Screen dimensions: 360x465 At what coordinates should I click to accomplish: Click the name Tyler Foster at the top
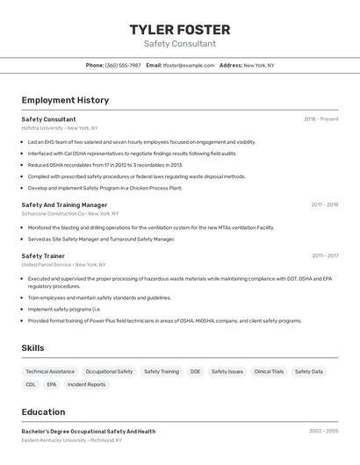[179, 30]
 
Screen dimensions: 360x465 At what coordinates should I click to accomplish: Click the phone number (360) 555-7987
[123, 65]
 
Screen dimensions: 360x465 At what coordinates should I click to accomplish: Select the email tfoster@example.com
[189, 65]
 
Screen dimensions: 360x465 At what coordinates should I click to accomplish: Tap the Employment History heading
[65, 100]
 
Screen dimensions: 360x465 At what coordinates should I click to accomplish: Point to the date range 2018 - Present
[320, 119]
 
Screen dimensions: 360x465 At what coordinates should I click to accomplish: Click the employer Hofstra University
[42, 128]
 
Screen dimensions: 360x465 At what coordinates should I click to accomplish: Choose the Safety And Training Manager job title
[64, 204]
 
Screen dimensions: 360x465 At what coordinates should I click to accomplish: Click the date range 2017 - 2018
[324, 204]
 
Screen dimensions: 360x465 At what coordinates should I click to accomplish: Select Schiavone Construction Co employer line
[53, 213]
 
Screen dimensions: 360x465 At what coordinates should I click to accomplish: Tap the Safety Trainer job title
[43, 256]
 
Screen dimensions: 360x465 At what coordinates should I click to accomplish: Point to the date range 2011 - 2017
[324, 256]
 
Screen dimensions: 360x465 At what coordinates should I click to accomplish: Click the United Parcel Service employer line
[47, 264]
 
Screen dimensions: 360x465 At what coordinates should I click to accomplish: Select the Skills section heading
[32, 348]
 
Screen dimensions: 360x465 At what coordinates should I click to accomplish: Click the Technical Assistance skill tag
[50, 371]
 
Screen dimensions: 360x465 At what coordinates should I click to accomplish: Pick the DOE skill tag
[195, 371]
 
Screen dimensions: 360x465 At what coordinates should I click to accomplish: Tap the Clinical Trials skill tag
[269, 371]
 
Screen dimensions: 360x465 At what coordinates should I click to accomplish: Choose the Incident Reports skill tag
[86, 384]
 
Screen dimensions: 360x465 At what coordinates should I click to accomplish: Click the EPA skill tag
[52, 384]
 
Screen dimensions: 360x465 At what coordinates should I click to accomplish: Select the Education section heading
[43, 411]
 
